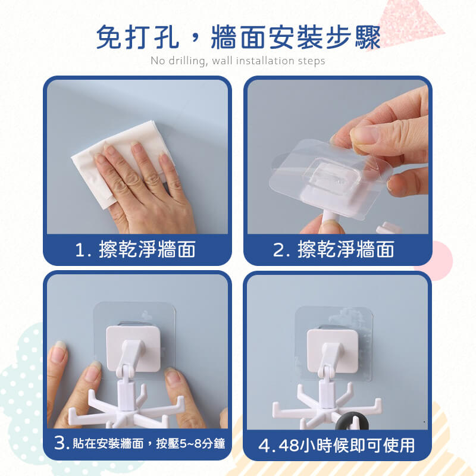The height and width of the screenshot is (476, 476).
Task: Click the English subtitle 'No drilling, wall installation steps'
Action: pyautogui.click(x=237, y=61)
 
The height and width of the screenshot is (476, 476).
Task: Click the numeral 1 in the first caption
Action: pyautogui.click(x=80, y=250)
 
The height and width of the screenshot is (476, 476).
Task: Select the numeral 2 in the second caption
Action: pyautogui.click(x=278, y=250)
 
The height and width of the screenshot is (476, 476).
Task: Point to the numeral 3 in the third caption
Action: pyautogui.click(x=59, y=443)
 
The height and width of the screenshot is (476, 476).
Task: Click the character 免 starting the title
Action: pyautogui.click(x=108, y=37)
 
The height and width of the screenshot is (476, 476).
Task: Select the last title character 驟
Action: pyautogui.click(x=368, y=37)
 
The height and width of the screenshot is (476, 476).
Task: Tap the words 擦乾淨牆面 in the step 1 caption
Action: pyautogui.click(x=147, y=249)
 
